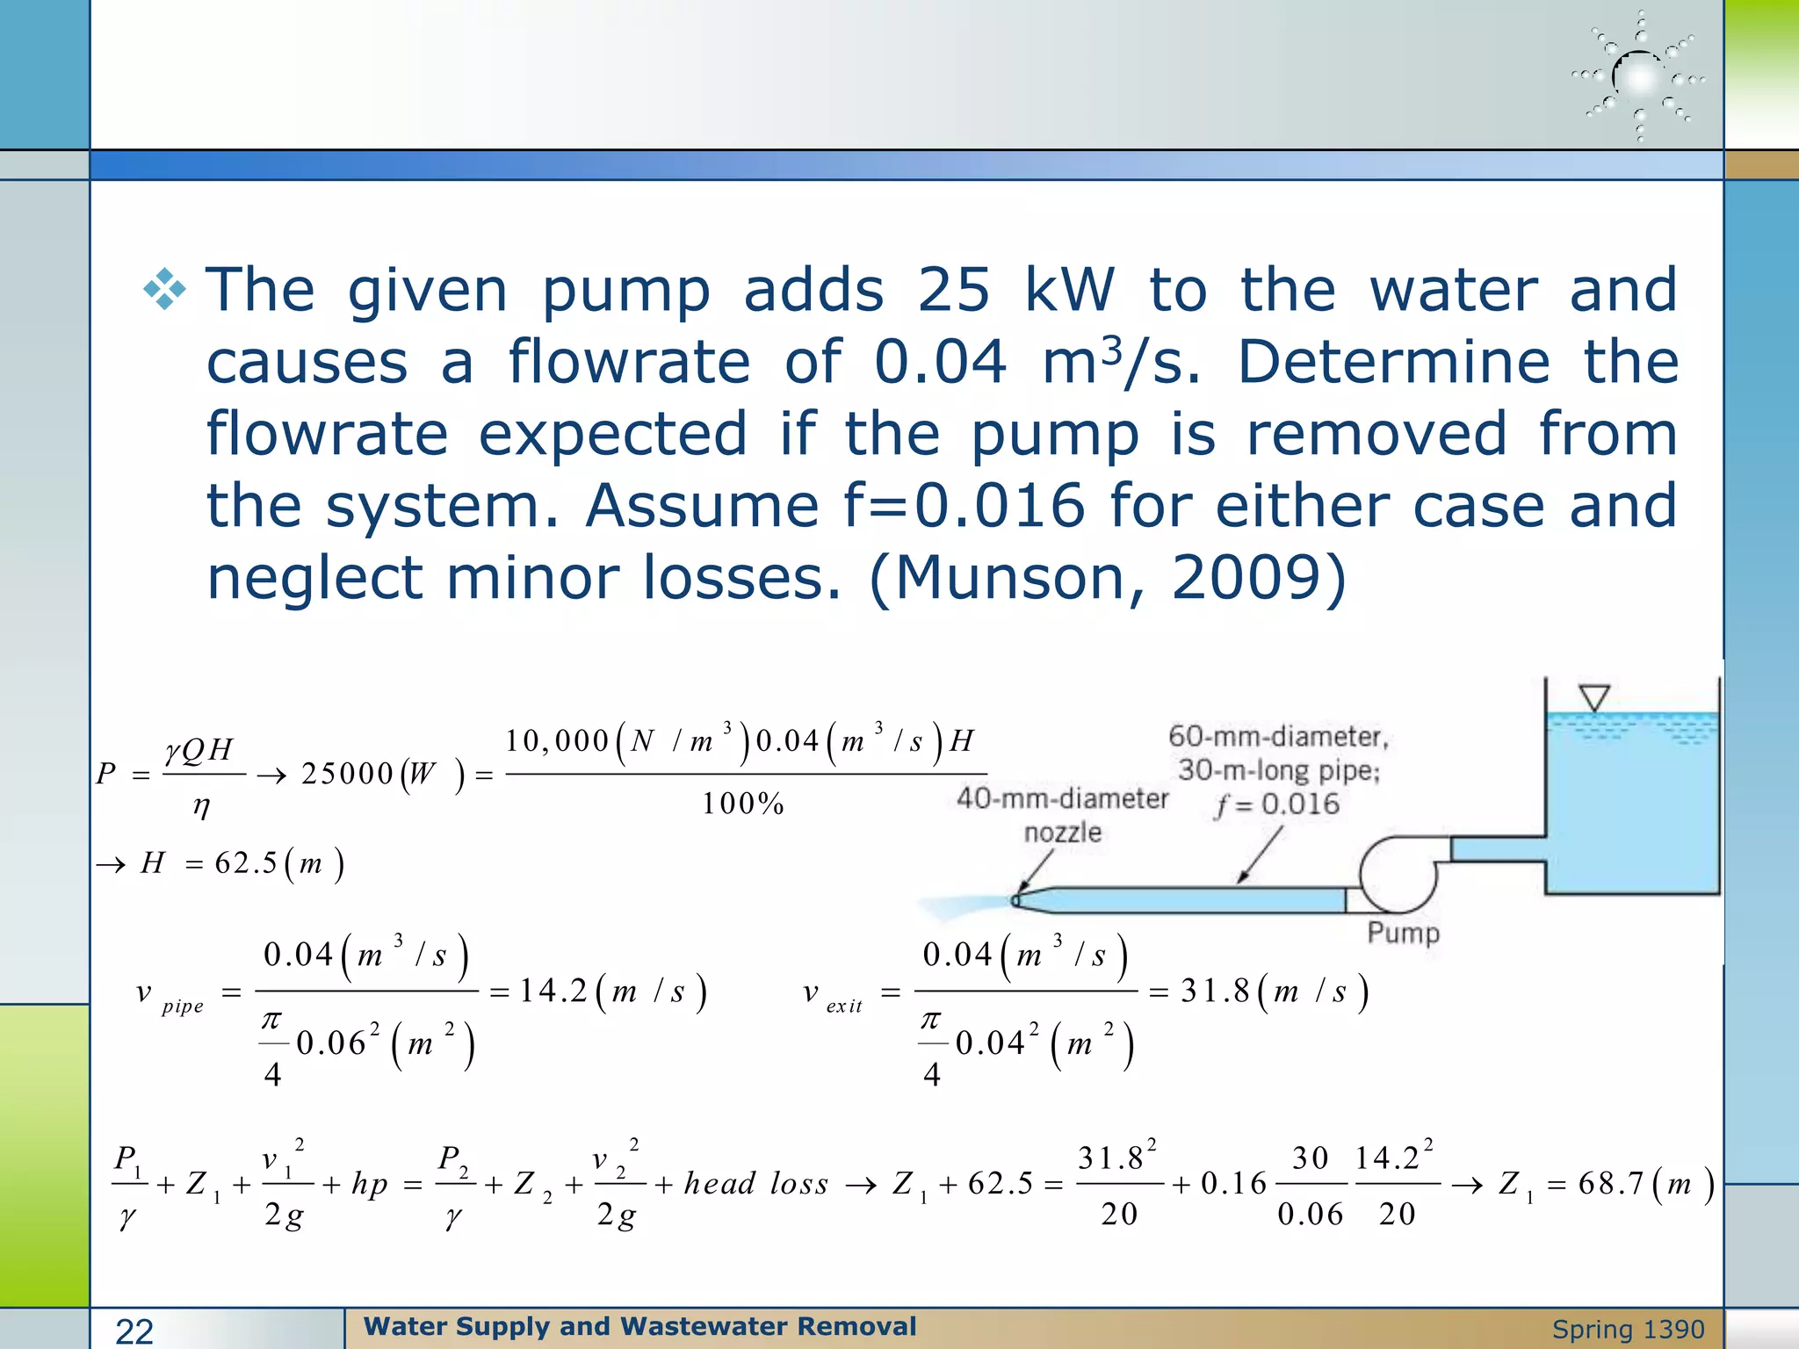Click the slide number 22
(x=134, y=1331)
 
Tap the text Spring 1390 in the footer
(x=1628, y=1330)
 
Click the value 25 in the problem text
(x=953, y=291)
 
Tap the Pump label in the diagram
(x=1403, y=933)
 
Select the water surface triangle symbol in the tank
(x=1593, y=698)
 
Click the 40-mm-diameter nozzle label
(x=1062, y=814)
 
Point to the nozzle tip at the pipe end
(x=1016, y=900)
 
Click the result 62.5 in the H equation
(x=245, y=863)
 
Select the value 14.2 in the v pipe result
(x=553, y=992)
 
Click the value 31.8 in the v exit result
(x=1214, y=992)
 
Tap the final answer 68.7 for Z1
(x=1610, y=1184)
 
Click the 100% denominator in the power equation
(x=742, y=804)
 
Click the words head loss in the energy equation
(x=755, y=1184)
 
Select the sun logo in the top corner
(x=1638, y=77)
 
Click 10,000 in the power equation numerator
(x=557, y=741)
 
